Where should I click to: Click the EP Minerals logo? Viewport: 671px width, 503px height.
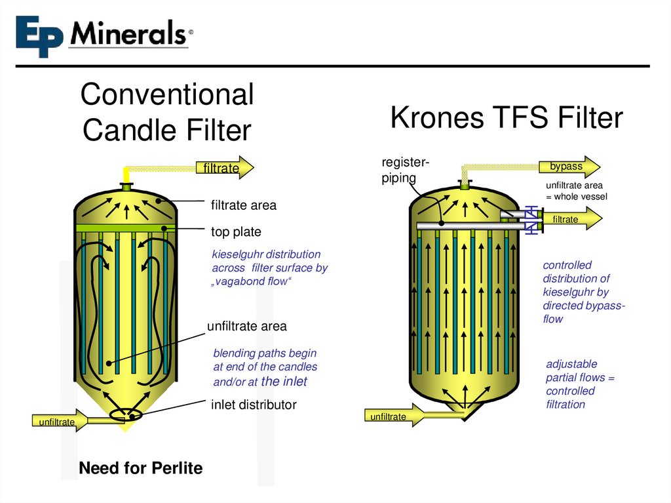pyautogui.click(x=104, y=35)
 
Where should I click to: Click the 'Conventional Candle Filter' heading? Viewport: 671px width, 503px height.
pyautogui.click(x=166, y=112)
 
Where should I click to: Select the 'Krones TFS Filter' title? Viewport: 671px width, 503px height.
pyautogui.click(x=506, y=118)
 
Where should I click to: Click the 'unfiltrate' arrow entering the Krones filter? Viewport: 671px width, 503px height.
pyautogui.click(x=393, y=416)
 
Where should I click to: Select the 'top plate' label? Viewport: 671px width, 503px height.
pyautogui.click(x=236, y=232)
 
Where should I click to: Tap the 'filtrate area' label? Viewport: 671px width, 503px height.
pyautogui.click(x=243, y=206)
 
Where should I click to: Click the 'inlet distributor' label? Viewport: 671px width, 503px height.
pyautogui.click(x=253, y=405)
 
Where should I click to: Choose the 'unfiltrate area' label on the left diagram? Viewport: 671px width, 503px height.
pyautogui.click(x=246, y=326)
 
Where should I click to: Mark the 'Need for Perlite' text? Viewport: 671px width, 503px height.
pyautogui.click(x=140, y=468)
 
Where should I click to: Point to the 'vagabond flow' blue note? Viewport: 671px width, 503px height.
pyautogui.click(x=269, y=268)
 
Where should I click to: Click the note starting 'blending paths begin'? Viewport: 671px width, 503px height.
pyautogui.click(x=265, y=367)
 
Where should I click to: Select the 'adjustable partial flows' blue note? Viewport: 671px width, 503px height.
pyautogui.click(x=580, y=384)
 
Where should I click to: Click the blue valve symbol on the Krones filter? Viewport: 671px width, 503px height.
pyautogui.click(x=533, y=220)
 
